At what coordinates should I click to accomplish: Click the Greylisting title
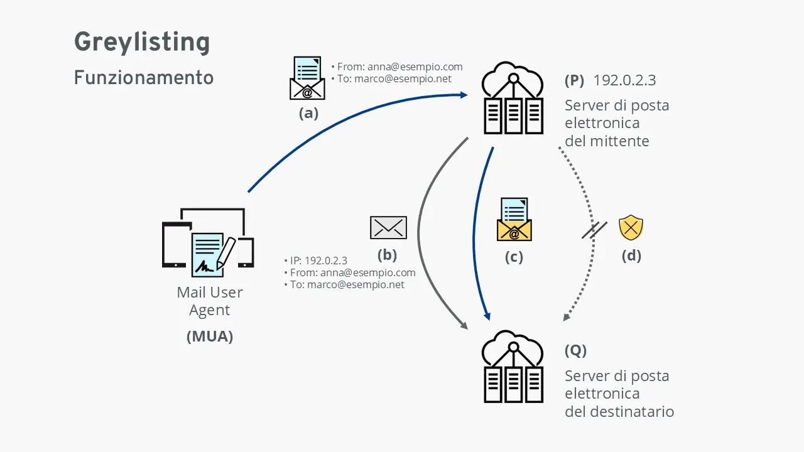pos(142,43)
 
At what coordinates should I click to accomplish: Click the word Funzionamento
pos(143,78)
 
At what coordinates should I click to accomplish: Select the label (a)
pos(308,114)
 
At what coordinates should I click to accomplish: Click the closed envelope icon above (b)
pos(388,227)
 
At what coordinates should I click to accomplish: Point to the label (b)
pos(387,256)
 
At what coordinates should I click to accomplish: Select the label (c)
pos(514,257)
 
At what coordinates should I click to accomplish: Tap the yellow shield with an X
pos(631,228)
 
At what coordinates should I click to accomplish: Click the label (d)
pos(631,256)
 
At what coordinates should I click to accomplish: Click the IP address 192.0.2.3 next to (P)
pos(625,80)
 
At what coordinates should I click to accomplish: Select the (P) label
pos(574,80)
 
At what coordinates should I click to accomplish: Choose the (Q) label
pos(575,350)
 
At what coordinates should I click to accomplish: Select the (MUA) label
pos(210,336)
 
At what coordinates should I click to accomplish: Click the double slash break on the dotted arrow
pos(594,230)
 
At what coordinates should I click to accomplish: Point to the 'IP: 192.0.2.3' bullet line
pos(318,261)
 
